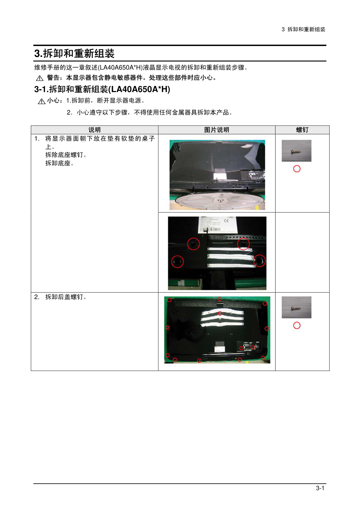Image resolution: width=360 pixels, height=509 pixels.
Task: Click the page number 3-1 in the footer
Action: [x=320, y=488]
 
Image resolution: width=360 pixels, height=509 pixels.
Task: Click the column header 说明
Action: [x=95, y=130]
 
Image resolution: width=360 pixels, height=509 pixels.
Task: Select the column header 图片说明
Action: [x=216, y=130]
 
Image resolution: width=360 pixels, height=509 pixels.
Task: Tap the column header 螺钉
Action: [x=302, y=130]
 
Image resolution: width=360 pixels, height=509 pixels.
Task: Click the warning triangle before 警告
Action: [x=40, y=78]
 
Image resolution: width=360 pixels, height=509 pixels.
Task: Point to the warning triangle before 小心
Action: [x=42, y=101]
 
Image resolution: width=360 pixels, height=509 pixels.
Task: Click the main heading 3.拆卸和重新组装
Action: [x=74, y=54]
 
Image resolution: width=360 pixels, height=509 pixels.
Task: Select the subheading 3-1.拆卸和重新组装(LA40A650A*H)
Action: [x=102, y=89]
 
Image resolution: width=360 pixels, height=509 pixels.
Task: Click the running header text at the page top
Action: [x=303, y=29]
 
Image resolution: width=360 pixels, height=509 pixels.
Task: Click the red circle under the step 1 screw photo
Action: [x=297, y=169]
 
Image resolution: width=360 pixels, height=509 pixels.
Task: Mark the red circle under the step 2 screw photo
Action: [x=297, y=326]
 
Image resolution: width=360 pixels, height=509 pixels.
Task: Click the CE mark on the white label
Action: [x=226, y=221]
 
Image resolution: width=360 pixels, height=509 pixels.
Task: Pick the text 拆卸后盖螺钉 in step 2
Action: [x=64, y=297]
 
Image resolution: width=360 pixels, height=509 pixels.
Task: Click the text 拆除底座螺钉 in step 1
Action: [x=64, y=155]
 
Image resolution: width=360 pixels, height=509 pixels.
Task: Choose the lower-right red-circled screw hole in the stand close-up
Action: [x=259, y=261]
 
